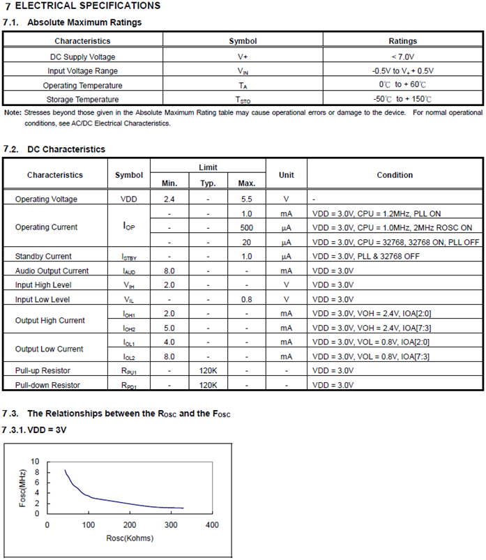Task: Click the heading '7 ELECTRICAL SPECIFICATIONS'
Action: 82,6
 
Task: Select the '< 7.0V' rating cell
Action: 403,56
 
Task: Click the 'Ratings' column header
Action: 403,41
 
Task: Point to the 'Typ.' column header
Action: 208,183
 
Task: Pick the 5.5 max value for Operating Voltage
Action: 246,199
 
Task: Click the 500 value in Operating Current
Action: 246,227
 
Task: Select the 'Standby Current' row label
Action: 43,257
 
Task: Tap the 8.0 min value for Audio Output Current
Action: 169,271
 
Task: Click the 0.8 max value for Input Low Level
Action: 246,300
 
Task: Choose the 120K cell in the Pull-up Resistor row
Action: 208,371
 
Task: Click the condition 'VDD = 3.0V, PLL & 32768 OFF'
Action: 366,257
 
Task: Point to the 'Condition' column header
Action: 395,175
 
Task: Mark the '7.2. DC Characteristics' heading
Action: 54,149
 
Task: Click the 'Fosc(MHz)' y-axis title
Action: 23,487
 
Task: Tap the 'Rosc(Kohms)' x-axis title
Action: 130,538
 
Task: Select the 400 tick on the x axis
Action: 213,524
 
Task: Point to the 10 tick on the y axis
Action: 36,462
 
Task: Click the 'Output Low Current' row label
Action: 50,349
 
